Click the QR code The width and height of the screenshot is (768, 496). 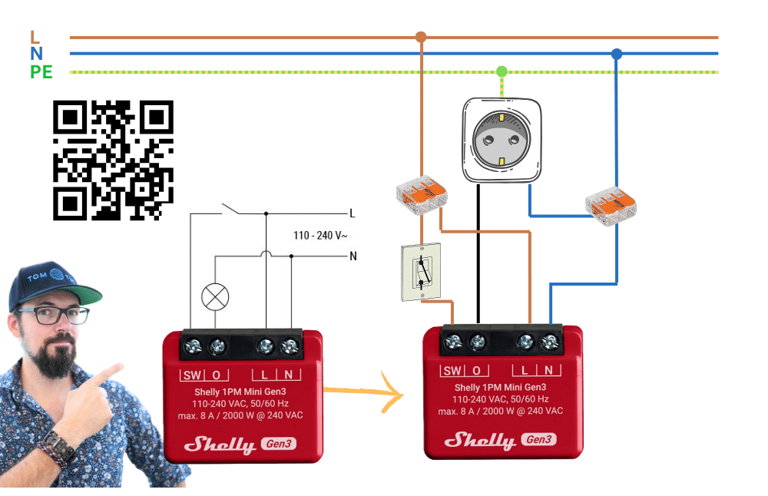point(113,160)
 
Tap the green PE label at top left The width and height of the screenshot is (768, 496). point(41,73)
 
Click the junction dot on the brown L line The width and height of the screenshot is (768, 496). point(420,37)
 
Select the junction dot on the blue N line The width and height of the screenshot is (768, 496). point(616,54)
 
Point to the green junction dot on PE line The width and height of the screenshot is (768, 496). point(502,71)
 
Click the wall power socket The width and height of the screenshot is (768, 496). point(502,141)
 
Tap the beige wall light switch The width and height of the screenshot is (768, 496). point(421,273)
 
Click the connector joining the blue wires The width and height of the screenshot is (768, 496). point(611,206)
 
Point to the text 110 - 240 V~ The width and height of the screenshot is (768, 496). point(321,235)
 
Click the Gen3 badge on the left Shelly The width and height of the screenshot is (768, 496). point(278,443)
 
